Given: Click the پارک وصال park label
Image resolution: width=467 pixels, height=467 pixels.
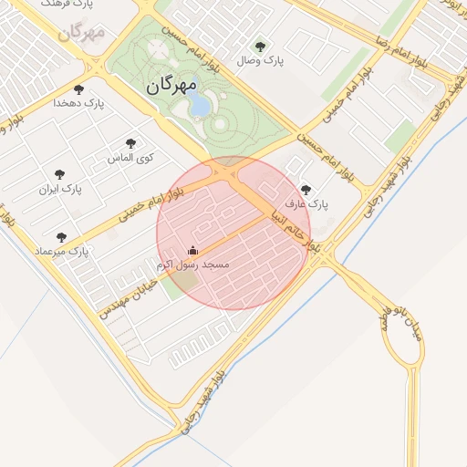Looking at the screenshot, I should point(260,61).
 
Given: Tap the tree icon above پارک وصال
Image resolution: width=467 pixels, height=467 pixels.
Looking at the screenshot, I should point(260,47).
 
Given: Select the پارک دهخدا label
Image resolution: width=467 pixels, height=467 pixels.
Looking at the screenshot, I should point(78,104).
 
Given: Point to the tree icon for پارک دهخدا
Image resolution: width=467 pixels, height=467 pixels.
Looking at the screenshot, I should point(78,90).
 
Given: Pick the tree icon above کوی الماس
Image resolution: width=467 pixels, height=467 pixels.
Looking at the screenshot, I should point(131,143).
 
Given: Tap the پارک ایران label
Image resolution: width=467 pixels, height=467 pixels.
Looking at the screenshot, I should point(60,189).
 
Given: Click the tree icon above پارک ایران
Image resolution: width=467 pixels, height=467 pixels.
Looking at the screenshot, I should point(60,174).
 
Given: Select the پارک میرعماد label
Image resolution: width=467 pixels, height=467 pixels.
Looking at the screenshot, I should point(61,251).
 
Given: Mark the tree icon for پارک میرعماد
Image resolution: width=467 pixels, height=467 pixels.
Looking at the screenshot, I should point(61,237).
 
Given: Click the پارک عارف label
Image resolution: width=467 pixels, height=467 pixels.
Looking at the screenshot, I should point(305,204).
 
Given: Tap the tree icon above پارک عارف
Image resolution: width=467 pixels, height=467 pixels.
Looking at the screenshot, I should point(305,191).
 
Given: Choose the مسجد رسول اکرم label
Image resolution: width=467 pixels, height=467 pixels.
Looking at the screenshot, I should point(192,264).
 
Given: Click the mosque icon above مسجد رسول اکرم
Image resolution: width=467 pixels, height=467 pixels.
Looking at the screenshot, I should point(192,250).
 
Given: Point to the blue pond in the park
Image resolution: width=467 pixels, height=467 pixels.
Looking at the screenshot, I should point(199,105).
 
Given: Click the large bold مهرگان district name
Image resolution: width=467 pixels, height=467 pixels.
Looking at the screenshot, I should point(171,87).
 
